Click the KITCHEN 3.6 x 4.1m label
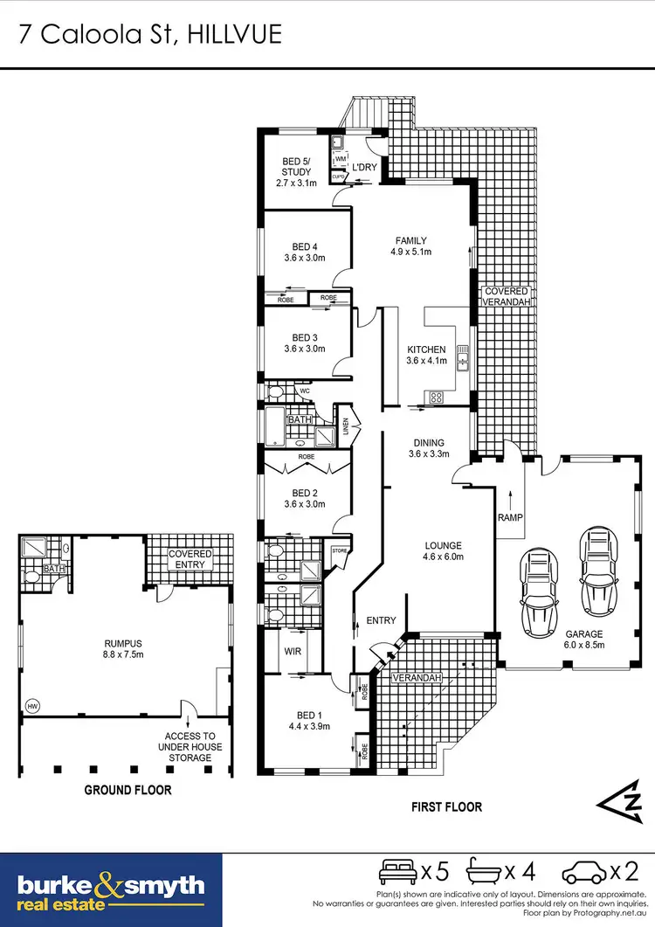coord(426,355)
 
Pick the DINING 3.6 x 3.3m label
coord(429,448)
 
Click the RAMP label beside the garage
coord(509,517)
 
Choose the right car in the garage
coord(596,569)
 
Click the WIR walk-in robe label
coord(293,650)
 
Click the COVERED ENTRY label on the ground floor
coord(190,559)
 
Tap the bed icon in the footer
coord(398,871)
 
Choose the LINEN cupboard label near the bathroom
coord(346,427)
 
